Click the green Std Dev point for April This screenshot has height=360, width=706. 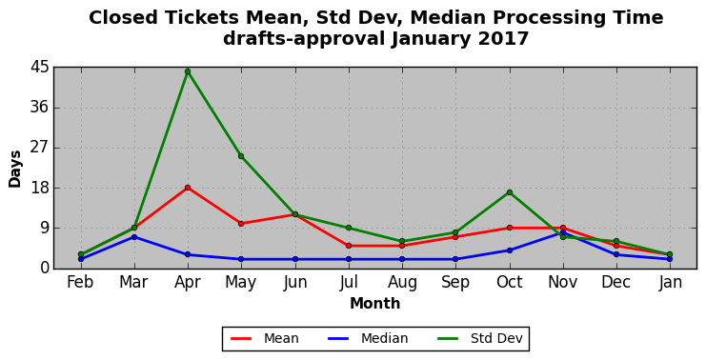[188, 71]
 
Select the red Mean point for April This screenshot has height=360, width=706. [188, 188]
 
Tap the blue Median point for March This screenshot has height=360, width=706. [134, 237]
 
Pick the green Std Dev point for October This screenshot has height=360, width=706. [509, 192]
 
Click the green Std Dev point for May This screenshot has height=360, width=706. [241, 156]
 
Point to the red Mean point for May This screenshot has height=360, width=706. [241, 224]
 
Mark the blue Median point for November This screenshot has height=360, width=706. [563, 232]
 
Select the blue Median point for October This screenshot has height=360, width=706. [509, 250]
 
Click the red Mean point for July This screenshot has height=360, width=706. [349, 246]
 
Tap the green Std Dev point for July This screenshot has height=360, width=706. [349, 228]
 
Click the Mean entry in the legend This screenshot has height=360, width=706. [265, 338]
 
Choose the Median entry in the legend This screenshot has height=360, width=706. [368, 338]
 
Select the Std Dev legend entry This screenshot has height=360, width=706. [480, 338]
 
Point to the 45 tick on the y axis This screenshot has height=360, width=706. [39, 68]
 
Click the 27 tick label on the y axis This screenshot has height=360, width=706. [39, 148]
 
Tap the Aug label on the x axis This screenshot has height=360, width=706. [402, 283]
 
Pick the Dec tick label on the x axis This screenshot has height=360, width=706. [615, 282]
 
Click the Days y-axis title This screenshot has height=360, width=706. [15, 169]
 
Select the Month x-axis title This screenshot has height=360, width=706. [375, 303]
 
